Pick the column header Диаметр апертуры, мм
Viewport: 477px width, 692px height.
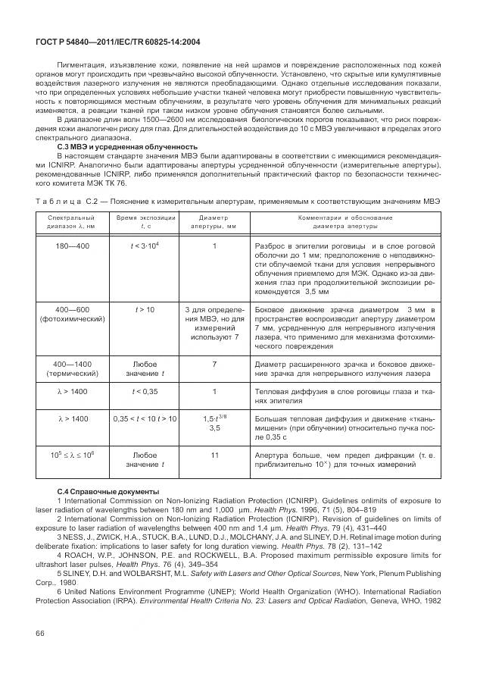pos(214,221)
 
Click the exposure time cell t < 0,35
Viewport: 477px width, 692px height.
pos(145,391)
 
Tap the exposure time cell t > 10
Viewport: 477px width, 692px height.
pos(145,310)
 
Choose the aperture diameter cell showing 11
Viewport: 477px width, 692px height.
pos(214,455)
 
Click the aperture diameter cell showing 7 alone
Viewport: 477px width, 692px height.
pos(214,364)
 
